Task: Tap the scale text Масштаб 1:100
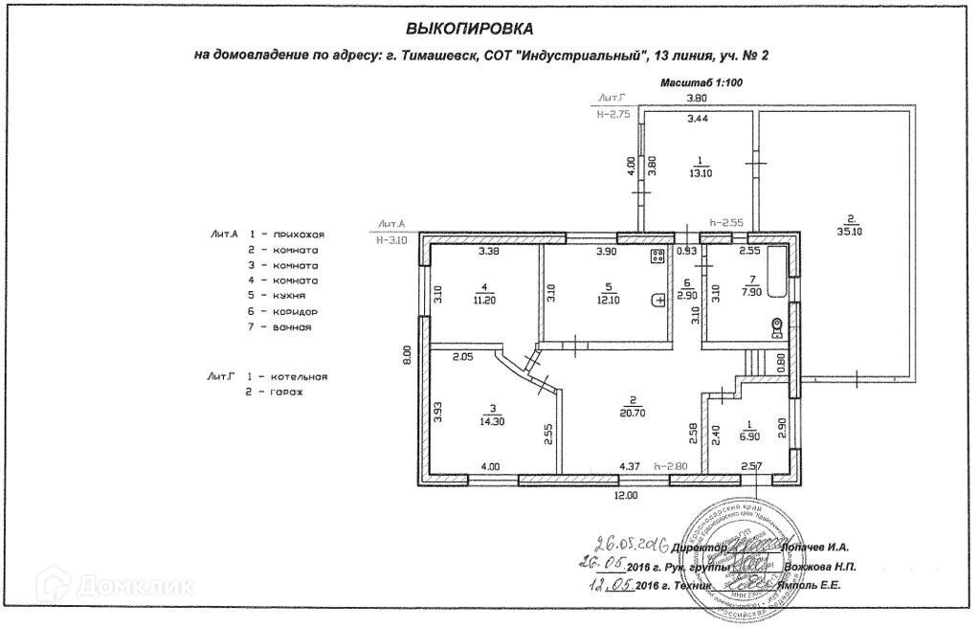(702, 83)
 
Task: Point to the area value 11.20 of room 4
(486, 298)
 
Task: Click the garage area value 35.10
(851, 230)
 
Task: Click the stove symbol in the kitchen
(658, 256)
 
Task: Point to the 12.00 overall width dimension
(626, 495)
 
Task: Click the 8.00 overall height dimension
(406, 357)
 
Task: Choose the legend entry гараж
(286, 392)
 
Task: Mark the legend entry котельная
(300, 376)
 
